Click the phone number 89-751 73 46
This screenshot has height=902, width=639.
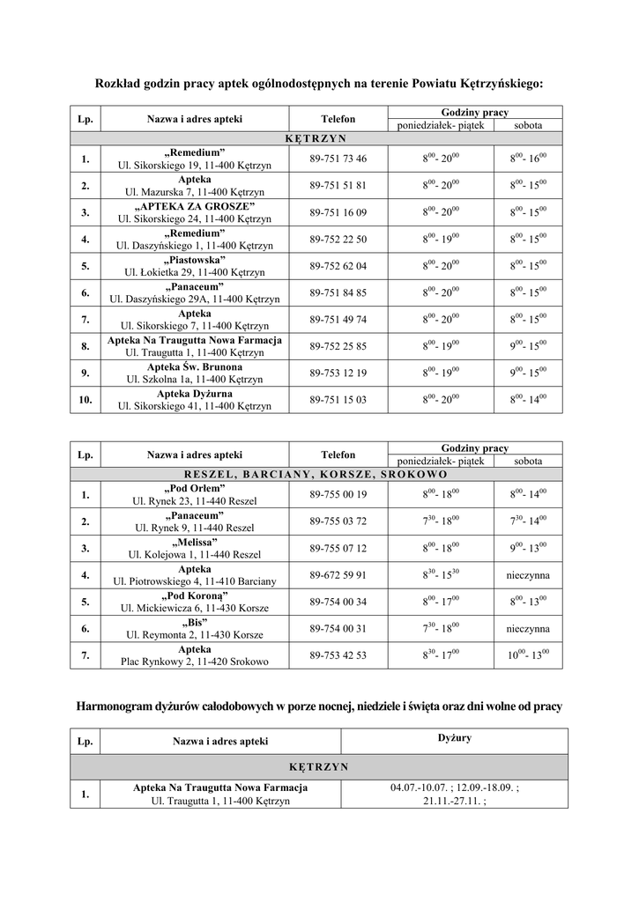(x=338, y=159)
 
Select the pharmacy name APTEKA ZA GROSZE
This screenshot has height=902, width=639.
(x=194, y=206)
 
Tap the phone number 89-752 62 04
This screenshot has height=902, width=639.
(x=338, y=266)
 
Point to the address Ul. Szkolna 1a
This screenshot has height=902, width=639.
(x=194, y=379)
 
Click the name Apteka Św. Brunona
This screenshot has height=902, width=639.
(x=194, y=366)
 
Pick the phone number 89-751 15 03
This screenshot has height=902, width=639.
(x=338, y=400)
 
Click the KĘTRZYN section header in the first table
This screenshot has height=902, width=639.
(x=316, y=138)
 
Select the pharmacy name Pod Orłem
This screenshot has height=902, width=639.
(x=194, y=489)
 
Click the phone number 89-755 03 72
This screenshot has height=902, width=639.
(x=338, y=521)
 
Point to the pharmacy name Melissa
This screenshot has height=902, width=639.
(x=194, y=542)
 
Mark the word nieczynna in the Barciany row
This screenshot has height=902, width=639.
(x=528, y=575)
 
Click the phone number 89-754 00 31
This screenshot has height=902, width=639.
(x=338, y=629)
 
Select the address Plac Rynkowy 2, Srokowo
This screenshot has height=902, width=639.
(x=194, y=661)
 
